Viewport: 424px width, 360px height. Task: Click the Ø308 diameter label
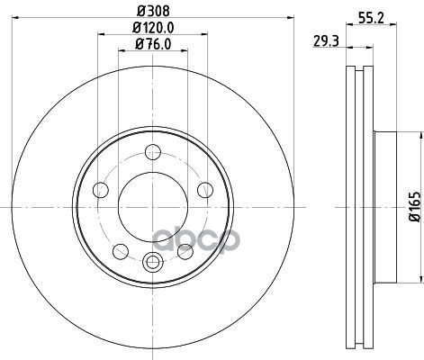tap(153, 12)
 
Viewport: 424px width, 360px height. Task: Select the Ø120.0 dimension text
tap(153, 28)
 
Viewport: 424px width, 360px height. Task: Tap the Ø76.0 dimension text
tap(153, 44)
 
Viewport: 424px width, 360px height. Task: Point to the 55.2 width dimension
tap(372, 19)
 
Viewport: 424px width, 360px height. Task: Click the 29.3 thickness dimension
tap(326, 41)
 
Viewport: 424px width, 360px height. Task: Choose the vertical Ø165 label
tap(416, 207)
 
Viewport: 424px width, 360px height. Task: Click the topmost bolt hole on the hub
tap(153, 152)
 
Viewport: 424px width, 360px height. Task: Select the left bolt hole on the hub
tap(101, 190)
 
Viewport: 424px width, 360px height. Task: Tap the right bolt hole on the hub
tap(205, 190)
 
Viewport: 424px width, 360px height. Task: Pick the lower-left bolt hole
tap(121, 251)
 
